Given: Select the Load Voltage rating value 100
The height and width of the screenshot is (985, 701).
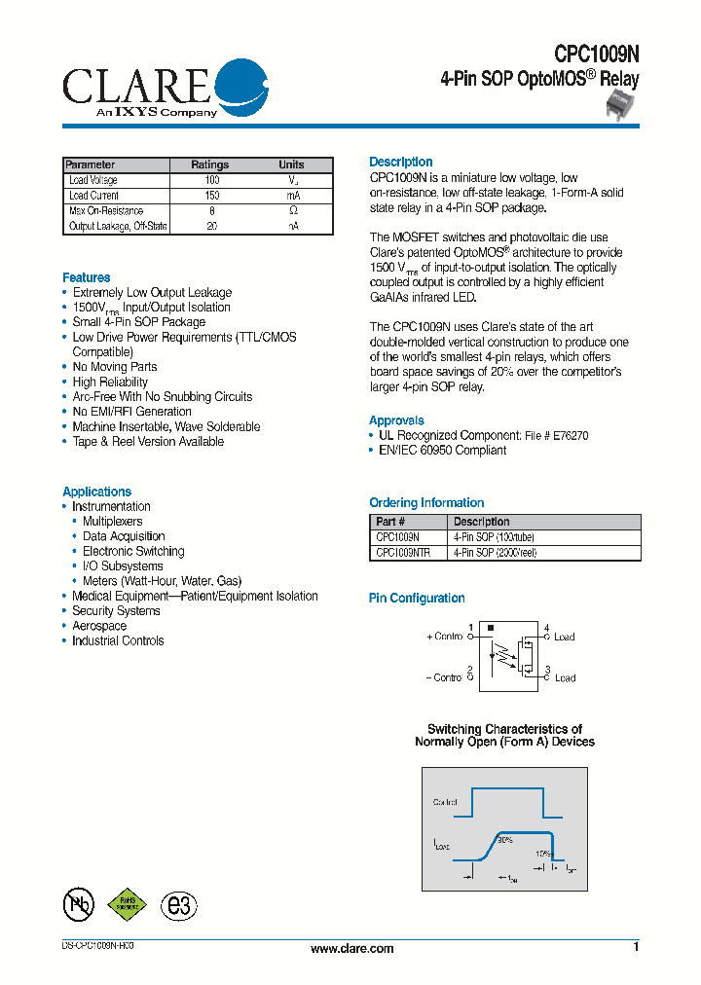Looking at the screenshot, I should pos(211,180).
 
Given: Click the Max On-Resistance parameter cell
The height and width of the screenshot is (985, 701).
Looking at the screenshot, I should pos(106,210).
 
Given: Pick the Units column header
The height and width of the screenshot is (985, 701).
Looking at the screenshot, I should pos(291,164).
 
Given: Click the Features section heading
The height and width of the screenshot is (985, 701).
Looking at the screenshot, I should pos(87,277).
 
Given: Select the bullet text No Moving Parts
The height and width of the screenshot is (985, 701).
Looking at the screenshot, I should pos(114,367).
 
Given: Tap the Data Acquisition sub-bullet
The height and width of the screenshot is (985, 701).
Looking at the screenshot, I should pos(124,536).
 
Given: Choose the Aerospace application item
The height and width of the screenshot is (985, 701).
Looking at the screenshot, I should pos(99,626).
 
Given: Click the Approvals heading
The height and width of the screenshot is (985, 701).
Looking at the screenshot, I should pos(396,420).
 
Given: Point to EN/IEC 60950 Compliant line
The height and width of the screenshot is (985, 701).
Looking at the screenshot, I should pos(442,451).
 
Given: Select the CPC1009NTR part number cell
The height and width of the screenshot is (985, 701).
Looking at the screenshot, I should pos(403,552).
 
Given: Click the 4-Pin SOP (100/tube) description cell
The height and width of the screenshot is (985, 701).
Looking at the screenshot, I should pos(494,537).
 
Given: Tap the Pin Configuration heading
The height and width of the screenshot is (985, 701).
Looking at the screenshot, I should pos(417,599).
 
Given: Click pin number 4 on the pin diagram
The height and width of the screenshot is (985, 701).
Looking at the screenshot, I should pos(546,628).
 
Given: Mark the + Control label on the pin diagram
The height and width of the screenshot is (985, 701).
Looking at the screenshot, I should pos(444,637).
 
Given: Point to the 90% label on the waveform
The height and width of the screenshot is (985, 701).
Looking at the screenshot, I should pos(504,839).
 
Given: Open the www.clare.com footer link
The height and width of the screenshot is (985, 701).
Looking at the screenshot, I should pos(351,949).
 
